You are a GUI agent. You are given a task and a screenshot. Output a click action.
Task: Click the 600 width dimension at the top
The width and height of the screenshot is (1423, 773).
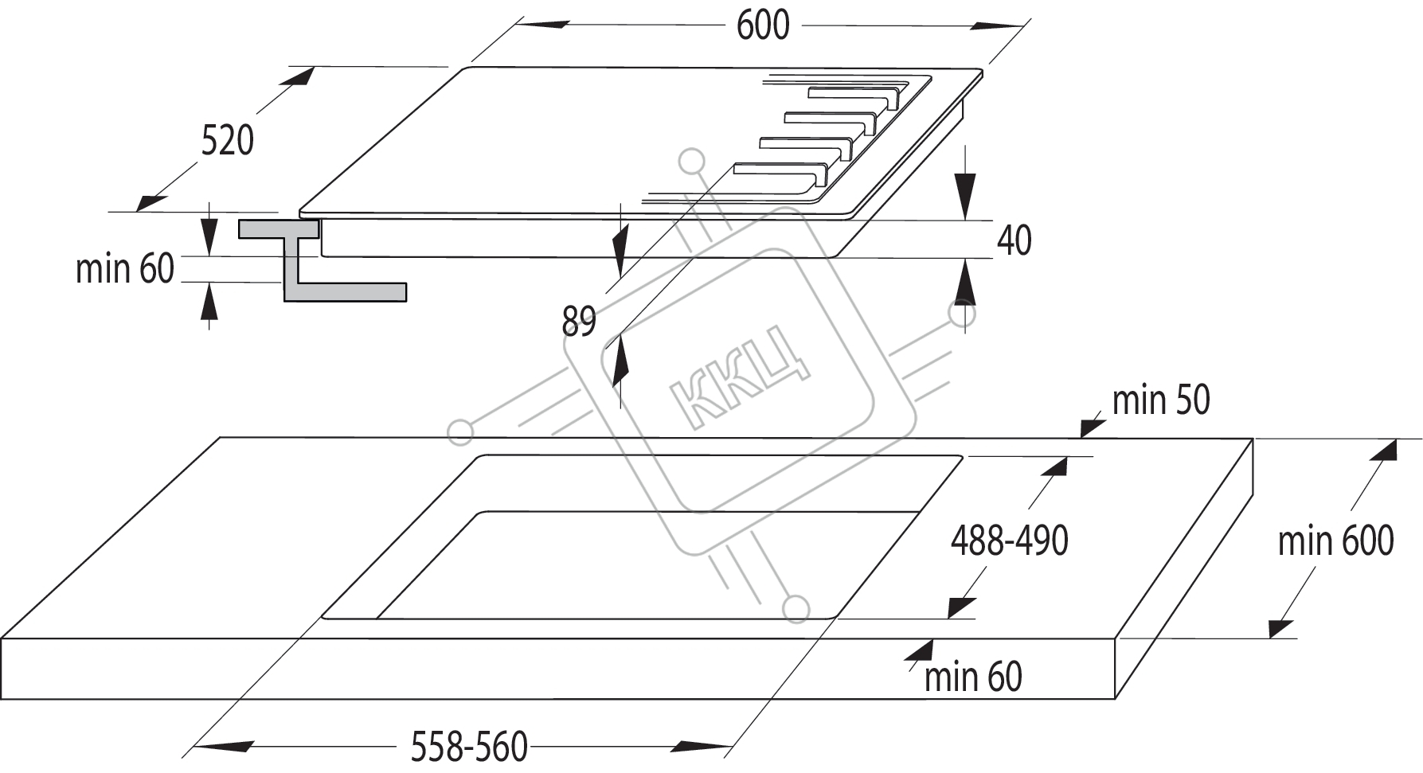pos(762,25)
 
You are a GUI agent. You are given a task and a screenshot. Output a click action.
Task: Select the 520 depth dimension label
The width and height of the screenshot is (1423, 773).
pos(228,140)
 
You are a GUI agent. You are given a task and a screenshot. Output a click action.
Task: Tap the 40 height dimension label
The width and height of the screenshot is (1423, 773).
pos(1014,240)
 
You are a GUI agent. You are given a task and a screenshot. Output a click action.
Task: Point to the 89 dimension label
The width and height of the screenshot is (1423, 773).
pos(579,322)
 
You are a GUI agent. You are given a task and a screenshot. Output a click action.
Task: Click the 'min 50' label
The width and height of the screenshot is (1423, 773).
pos(1161,400)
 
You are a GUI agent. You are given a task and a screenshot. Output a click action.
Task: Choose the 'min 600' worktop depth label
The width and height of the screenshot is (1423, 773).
pos(1335,541)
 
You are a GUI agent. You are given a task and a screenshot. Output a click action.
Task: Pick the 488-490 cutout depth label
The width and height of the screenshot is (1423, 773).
pos(1009,541)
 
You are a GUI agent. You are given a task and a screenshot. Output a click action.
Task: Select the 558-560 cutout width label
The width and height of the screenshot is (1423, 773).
pos(469,747)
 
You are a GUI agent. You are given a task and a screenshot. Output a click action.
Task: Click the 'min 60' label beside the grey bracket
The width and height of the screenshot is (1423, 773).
pos(124,269)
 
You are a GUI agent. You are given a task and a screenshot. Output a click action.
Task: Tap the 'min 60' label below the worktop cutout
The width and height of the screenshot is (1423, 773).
pos(973,677)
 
